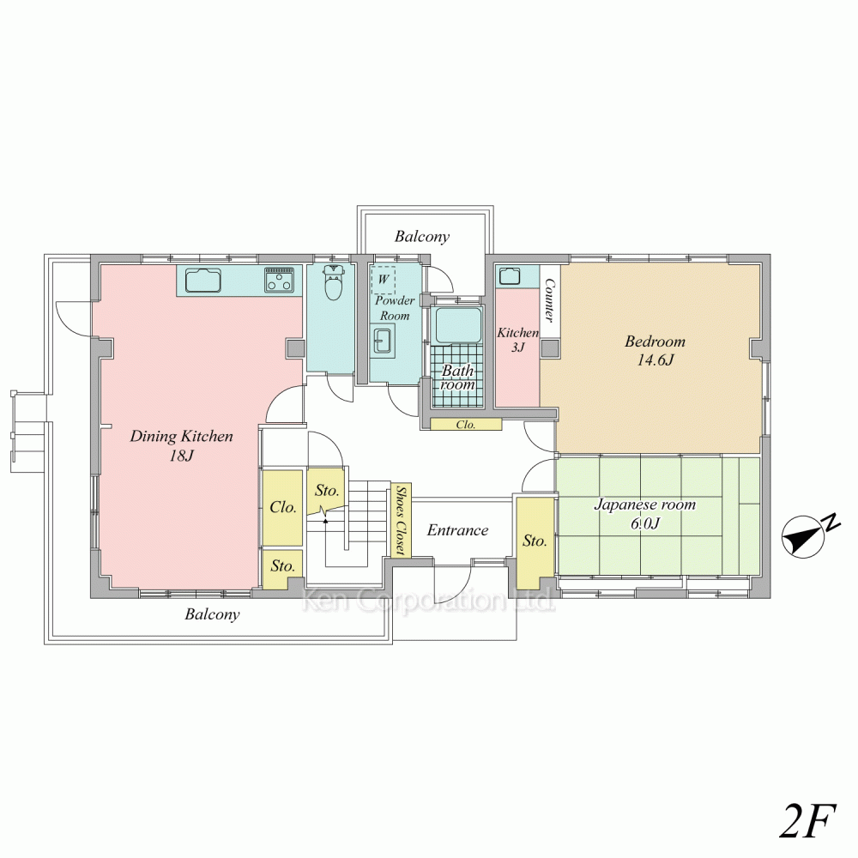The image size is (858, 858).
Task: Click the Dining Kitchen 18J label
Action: click(181, 445)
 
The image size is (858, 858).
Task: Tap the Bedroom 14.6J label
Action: click(655, 350)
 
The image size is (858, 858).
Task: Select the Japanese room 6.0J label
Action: click(644, 513)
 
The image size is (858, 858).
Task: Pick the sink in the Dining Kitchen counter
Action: click(204, 281)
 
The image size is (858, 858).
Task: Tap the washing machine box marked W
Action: click(383, 280)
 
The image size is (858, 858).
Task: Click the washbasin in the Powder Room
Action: click(382, 341)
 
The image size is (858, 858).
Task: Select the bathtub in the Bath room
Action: click(458, 325)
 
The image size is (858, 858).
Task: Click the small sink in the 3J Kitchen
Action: click(509, 275)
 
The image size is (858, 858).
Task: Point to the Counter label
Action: click(550, 300)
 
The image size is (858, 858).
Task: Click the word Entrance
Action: click(457, 529)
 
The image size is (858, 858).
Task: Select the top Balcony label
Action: click(422, 237)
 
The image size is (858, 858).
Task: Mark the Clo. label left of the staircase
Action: click(283, 507)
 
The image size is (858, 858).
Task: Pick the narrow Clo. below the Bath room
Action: click(466, 424)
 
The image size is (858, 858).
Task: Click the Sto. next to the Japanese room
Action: click(535, 541)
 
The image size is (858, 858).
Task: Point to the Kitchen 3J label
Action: click(517, 339)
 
